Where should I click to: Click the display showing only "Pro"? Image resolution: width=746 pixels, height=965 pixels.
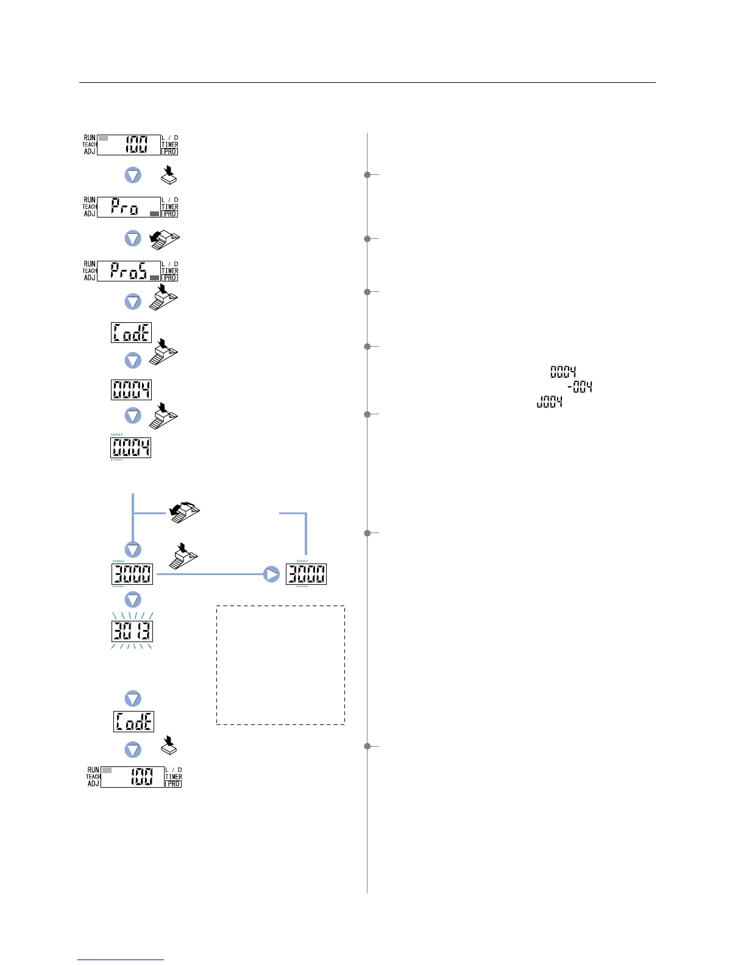tap(129, 207)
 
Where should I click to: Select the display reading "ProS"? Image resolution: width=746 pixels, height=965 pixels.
tap(129, 271)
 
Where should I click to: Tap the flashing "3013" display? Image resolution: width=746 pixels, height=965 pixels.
tap(132, 631)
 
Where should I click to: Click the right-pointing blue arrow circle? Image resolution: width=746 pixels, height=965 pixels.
tap(271, 574)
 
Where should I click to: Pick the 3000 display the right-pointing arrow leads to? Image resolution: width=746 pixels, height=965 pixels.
tap(306, 574)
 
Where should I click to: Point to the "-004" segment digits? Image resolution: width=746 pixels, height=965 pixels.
tap(580, 387)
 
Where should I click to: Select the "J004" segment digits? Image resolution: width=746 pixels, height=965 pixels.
tap(549, 402)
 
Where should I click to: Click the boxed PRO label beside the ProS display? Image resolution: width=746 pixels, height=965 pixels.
tap(170, 278)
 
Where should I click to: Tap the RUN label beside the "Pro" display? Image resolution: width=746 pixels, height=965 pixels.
tap(90, 200)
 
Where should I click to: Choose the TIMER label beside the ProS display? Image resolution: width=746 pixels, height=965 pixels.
tap(170, 270)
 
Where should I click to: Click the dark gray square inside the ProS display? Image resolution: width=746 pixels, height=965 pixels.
tap(154, 277)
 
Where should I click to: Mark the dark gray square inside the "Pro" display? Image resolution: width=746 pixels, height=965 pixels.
tap(154, 214)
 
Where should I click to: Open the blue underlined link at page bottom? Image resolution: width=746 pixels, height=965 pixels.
tap(121, 960)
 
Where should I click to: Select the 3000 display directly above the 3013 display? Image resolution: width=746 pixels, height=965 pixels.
tap(132, 574)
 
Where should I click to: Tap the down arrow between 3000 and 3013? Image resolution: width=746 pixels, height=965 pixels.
tap(133, 599)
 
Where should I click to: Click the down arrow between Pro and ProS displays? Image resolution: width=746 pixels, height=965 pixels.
tap(133, 238)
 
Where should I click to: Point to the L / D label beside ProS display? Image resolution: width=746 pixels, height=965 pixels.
tap(170, 264)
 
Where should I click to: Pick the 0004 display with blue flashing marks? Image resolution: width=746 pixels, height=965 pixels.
tap(130, 448)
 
